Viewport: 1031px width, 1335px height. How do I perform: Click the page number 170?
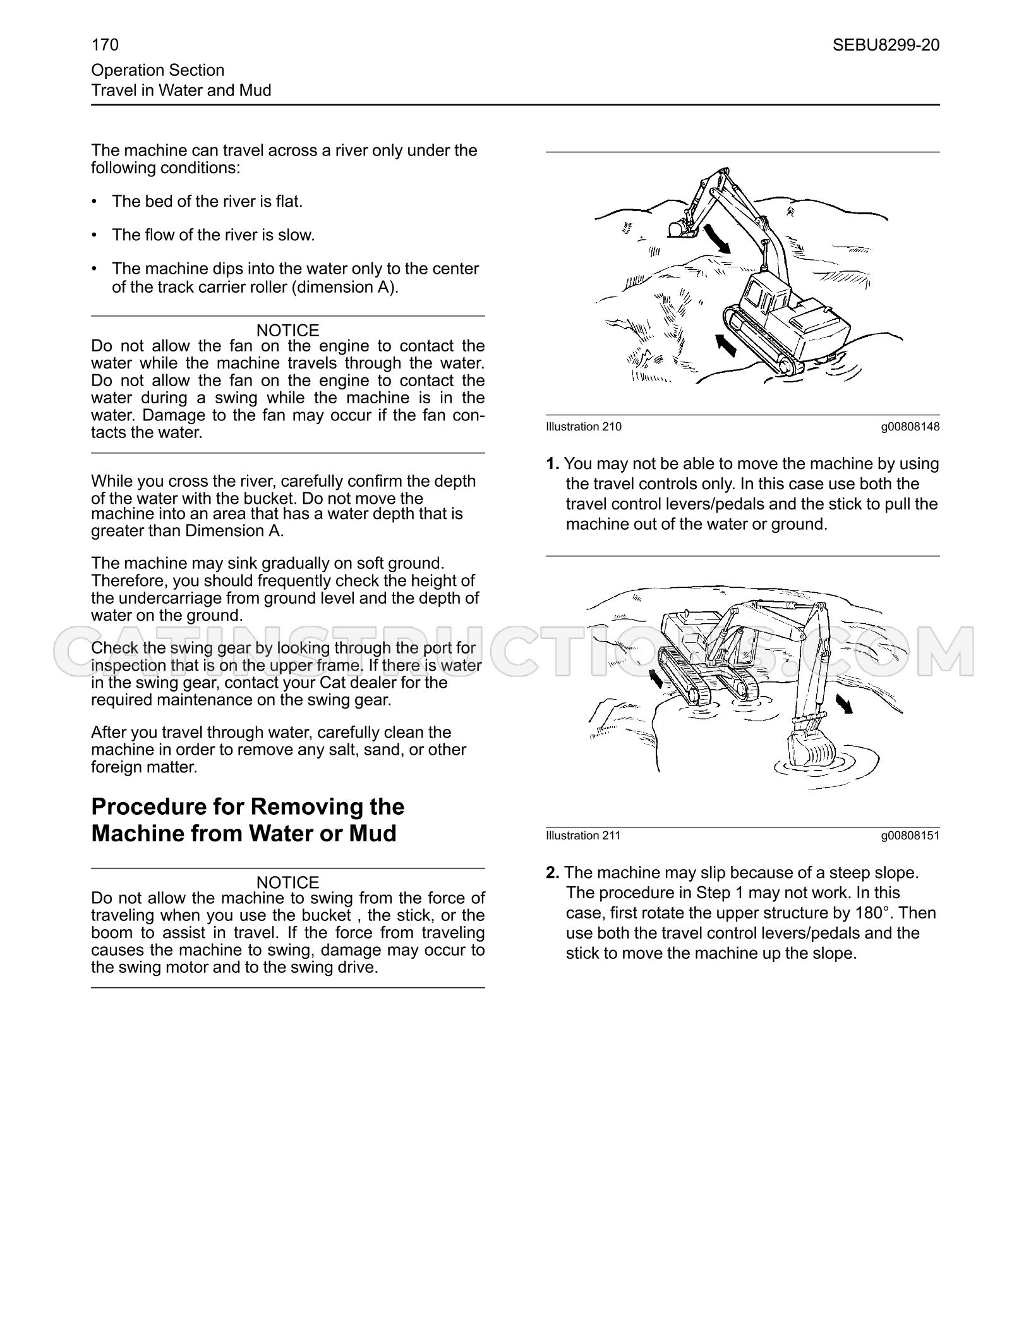click(105, 45)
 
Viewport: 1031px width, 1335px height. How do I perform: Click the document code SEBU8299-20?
click(886, 45)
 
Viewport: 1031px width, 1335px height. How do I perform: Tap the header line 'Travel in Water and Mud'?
click(181, 90)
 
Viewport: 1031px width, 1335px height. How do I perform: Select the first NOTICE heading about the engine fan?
click(287, 330)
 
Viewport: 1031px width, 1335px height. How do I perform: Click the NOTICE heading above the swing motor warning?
click(287, 882)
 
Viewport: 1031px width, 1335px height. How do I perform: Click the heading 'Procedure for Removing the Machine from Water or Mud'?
click(248, 820)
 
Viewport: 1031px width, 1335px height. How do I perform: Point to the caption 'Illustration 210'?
click(584, 427)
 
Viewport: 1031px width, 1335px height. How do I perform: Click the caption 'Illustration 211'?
click(584, 836)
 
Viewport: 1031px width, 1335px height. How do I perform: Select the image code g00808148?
click(910, 427)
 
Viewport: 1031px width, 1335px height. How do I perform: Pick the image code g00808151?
click(910, 836)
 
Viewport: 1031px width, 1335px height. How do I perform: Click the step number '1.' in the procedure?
click(553, 464)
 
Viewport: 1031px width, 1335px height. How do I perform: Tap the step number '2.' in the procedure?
click(553, 873)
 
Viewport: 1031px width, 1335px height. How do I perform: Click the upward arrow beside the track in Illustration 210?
click(726, 345)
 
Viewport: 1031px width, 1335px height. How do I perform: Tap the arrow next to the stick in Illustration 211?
click(845, 703)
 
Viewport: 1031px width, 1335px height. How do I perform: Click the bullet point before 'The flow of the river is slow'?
click(95, 235)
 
